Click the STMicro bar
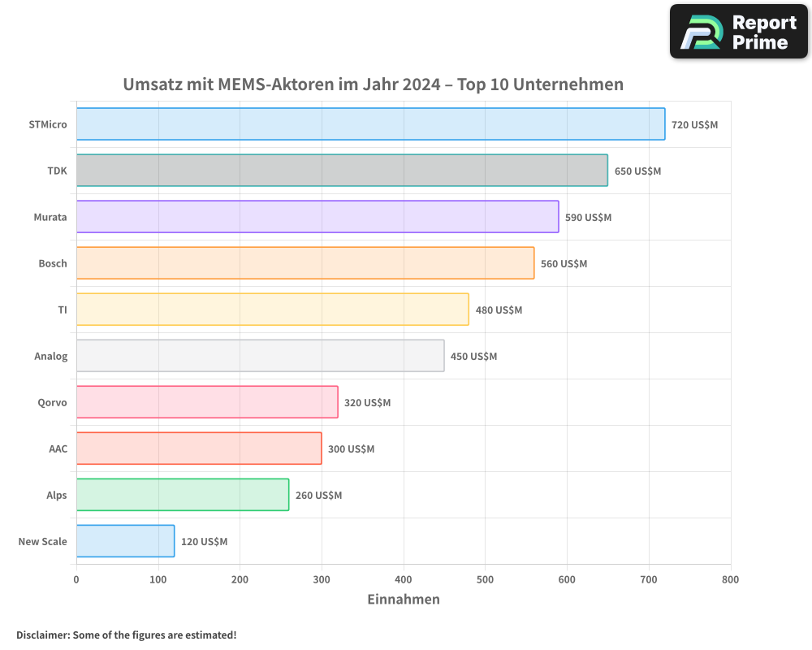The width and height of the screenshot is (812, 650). pyautogui.click(x=370, y=124)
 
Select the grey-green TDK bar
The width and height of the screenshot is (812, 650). pyautogui.click(x=342, y=171)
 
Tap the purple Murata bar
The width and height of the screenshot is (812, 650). pyautogui.click(x=317, y=217)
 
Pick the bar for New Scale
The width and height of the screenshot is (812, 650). pyautogui.click(x=126, y=541)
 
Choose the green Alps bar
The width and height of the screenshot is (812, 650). pyautogui.click(x=183, y=495)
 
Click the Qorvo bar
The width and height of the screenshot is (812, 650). pyautogui.click(x=207, y=402)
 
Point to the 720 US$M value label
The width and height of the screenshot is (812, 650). pyautogui.click(x=694, y=125)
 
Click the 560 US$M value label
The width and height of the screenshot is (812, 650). pyautogui.click(x=564, y=264)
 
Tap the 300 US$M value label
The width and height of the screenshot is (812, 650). pyautogui.click(x=351, y=449)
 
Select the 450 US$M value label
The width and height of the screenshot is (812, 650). pyautogui.click(x=473, y=357)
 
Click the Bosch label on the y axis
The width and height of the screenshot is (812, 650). pyautogui.click(x=53, y=263)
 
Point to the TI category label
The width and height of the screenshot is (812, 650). pyautogui.click(x=63, y=310)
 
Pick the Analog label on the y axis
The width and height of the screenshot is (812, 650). pyautogui.click(x=51, y=356)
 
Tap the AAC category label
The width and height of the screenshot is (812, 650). pyautogui.click(x=58, y=448)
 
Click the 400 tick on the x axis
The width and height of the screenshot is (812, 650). pyautogui.click(x=404, y=579)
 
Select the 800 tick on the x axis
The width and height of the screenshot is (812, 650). pyautogui.click(x=730, y=579)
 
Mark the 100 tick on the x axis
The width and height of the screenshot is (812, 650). pyautogui.click(x=158, y=579)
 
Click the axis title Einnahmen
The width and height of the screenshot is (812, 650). pyautogui.click(x=404, y=600)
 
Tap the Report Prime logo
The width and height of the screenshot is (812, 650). pyautogui.click(x=738, y=32)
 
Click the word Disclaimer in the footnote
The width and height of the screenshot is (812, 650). pyautogui.click(x=42, y=635)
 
